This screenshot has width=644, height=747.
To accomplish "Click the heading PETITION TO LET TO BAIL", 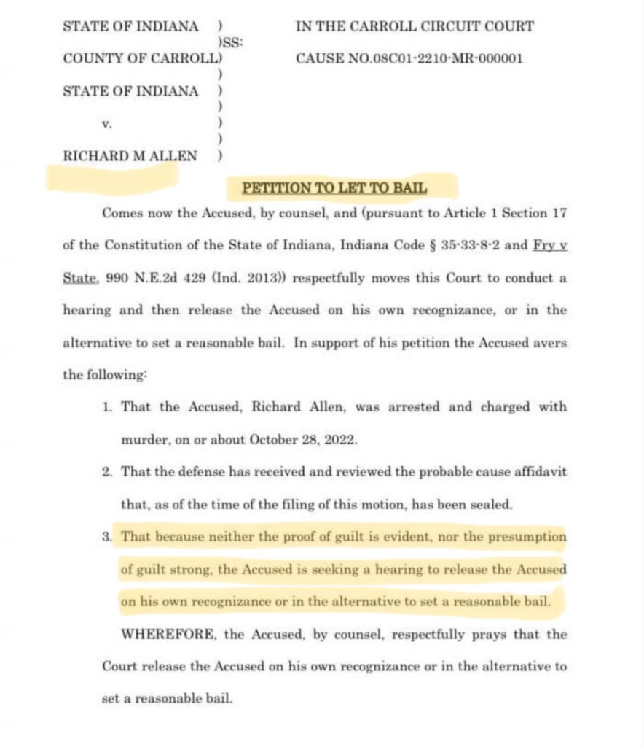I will (334, 188).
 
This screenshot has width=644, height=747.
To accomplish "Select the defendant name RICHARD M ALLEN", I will (130, 155).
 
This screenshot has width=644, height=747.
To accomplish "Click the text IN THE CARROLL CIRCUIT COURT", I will (415, 27).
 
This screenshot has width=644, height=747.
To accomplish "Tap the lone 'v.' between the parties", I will (106, 124).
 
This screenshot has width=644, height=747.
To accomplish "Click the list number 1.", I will (107, 407).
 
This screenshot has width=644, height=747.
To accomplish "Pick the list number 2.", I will (107, 472).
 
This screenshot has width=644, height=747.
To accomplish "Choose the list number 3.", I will (107, 538).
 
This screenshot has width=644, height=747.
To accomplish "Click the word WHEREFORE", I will (168, 635).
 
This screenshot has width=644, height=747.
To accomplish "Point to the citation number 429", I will (195, 278).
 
